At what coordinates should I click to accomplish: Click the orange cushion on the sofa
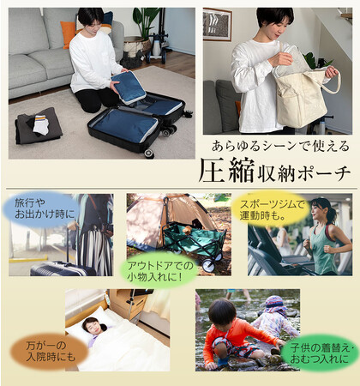pos(68,33)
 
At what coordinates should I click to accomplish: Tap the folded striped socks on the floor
pos(41,124)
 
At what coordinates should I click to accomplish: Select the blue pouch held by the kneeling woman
pos(129,87)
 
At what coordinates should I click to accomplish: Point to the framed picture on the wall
pos(218,24)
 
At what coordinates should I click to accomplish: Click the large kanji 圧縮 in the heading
pos(226,171)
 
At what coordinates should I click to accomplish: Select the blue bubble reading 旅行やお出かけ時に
pos(41,209)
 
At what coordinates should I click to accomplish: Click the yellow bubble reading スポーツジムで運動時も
pos(271,209)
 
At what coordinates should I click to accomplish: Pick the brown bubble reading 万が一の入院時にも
pos(50,352)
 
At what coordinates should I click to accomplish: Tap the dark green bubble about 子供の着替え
pos(320,353)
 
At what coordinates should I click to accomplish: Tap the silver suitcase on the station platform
pos(62,268)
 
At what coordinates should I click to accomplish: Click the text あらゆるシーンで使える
pos(280,147)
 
